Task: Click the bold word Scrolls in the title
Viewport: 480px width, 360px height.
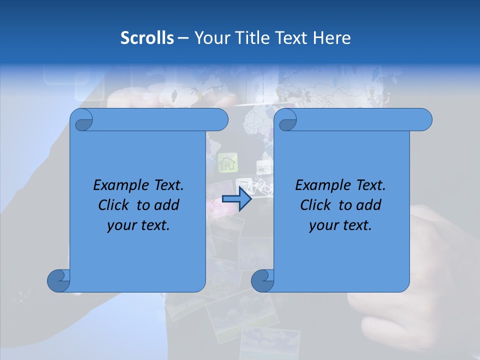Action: [x=147, y=38]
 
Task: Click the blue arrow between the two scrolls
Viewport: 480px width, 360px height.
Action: [x=236, y=199]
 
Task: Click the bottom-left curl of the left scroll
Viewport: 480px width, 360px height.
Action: [x=58, y=280]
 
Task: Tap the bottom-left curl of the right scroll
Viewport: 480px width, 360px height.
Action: [x=262, y=280]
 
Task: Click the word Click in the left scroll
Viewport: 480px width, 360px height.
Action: [x=113, y=205]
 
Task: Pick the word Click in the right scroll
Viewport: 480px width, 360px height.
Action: [x=315, y=205]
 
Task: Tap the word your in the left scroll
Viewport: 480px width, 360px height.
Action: [x=121, y=225]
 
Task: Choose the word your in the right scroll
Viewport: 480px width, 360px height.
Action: [x=323, y=225]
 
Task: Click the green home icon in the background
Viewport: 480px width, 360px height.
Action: [x=228, y=162]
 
